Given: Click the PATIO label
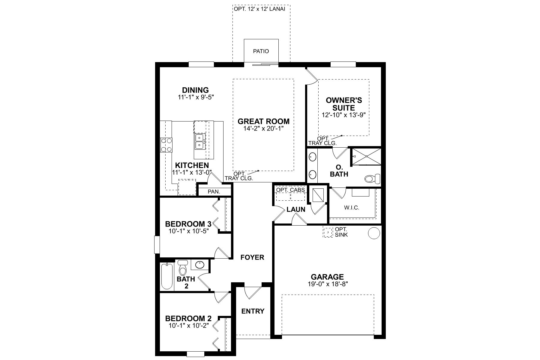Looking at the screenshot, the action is click(x=261, y=51).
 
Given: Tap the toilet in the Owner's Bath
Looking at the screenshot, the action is click(x=372, y=179).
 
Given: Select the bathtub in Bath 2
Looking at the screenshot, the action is click(x=167, y=276).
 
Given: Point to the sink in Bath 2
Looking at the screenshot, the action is click(x=200, y=265).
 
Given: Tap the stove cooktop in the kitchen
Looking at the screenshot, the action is click(x=166, y=145).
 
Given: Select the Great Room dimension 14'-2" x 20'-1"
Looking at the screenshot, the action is click(x=263, y=128).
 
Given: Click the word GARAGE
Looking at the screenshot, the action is click(x=327, y=277).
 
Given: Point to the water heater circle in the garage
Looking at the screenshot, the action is click(x=374, y=233).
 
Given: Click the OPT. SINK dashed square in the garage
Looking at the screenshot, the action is click(x=328, y=232).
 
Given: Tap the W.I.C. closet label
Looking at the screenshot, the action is click(x=352, y=208).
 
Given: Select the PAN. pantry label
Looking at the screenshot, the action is click(x=214, y=191).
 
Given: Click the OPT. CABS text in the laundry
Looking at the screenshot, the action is click(x=290, y=190).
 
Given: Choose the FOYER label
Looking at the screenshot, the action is click(x=252, y=257).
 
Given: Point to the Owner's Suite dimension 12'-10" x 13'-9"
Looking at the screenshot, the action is click(x=344, y=115).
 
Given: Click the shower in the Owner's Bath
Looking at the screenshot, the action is click(x=366, y=156).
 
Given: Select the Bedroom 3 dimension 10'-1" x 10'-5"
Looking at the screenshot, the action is click(x=188, y=231).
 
